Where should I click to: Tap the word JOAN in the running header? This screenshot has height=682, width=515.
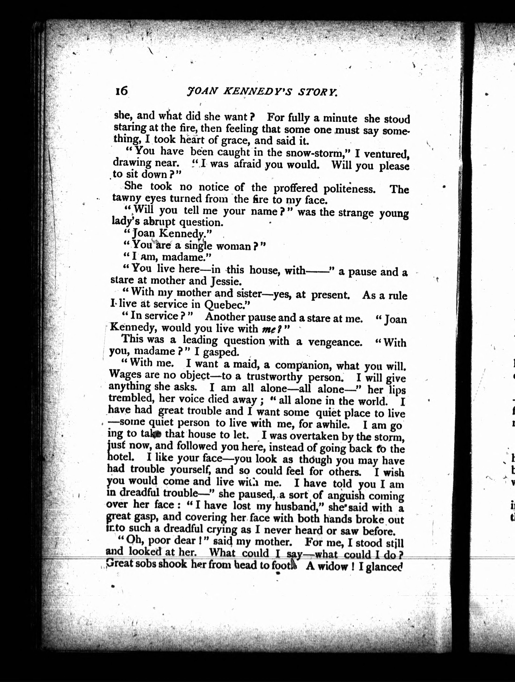tap(201, 91)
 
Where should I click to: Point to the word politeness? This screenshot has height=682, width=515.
tap(349, 188)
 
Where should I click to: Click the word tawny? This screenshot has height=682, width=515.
tap(126, 198)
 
